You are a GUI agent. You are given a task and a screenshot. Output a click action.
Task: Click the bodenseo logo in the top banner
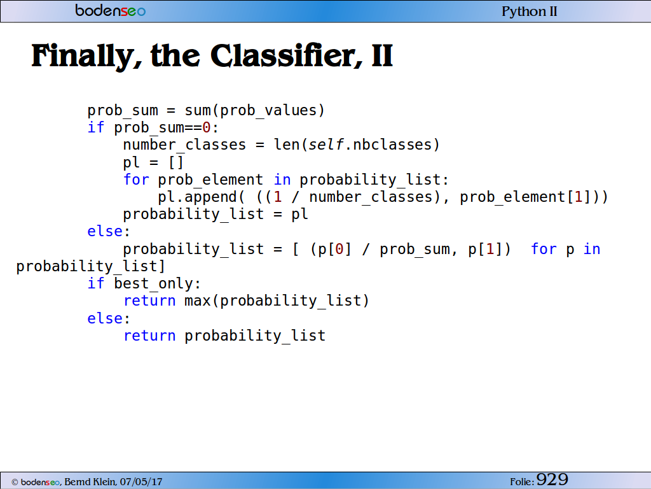pos(111,10)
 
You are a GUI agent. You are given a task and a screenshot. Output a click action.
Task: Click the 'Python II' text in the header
pos(530,11)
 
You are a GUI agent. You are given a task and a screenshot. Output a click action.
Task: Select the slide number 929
pos(552,479)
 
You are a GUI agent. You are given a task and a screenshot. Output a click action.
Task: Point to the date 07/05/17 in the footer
pos(141,482)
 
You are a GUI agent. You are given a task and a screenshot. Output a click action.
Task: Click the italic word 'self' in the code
pos(326,145)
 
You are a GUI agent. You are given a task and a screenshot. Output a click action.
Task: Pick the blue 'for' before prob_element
pos(136,180)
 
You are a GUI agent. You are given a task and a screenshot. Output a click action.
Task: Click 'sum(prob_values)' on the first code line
pos(254,111)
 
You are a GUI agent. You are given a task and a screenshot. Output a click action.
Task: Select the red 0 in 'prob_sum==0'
pos(207,127)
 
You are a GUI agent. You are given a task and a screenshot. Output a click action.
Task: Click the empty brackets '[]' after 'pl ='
pos(176,162)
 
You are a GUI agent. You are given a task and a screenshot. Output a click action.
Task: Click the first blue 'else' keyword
pos(105,231)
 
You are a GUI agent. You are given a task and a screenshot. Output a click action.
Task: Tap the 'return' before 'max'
pos(149,301)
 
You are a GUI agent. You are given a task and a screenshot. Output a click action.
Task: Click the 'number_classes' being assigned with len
pos(184,145)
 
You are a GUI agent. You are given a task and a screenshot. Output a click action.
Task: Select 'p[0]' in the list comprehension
pos(335,249)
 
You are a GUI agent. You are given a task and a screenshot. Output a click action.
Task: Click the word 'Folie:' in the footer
pos(522,482)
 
